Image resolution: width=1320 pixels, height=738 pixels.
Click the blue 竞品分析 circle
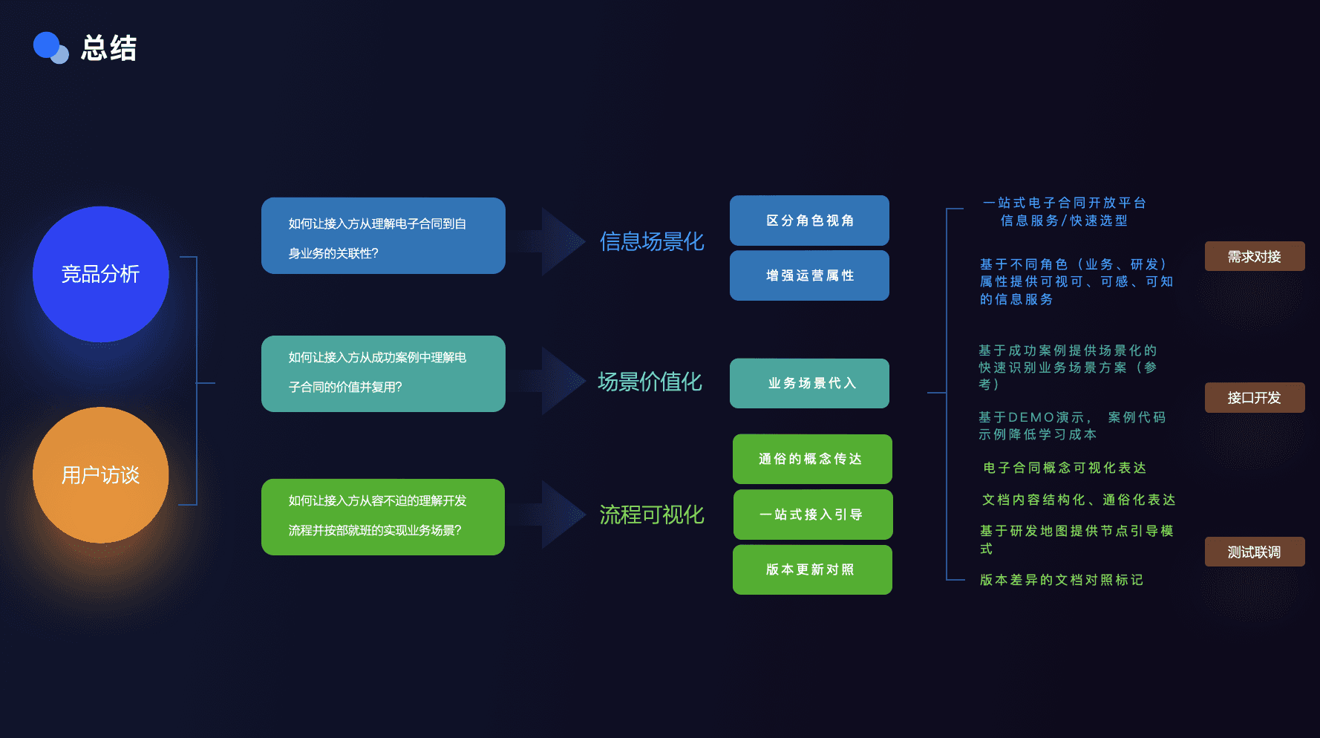(101, 274)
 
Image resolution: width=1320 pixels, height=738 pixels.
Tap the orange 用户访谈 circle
(101, 475)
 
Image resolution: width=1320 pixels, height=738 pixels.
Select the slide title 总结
(109, 48)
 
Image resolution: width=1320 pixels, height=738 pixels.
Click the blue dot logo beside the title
(50, 48)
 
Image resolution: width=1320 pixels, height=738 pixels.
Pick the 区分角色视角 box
(809, 221)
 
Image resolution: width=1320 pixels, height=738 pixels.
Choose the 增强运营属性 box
(809, 275)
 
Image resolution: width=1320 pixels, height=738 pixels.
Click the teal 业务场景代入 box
(809, 383)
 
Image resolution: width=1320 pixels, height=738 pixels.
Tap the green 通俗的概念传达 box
(811, 459)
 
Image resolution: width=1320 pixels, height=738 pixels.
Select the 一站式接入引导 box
(812, 515)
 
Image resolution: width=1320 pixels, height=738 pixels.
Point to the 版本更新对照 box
(811, 569)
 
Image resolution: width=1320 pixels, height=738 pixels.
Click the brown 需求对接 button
(1254, 256)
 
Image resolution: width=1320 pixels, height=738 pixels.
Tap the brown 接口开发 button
(1254, 397)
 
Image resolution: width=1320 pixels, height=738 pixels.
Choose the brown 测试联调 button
(1254, 552)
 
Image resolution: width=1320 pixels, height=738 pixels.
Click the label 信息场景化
(652, 241)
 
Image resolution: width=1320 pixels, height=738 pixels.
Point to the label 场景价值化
(650, 382)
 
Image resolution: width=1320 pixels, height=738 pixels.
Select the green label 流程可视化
(652, 515)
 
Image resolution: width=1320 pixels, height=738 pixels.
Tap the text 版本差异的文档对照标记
(1061, 580)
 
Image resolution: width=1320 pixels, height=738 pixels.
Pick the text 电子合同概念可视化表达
(1064, 468)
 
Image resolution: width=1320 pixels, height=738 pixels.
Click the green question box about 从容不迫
(383, 517)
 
